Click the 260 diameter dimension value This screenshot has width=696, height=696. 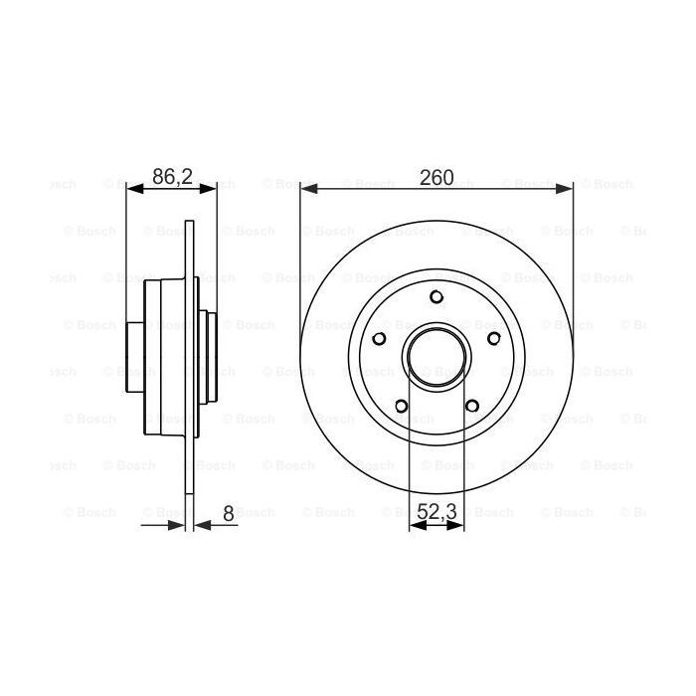coord(435,178)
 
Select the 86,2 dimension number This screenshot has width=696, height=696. coord(171,178)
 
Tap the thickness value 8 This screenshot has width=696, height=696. coord(228,514)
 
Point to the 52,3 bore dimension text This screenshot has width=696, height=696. coord(437,514)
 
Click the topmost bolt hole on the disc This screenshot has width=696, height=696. coord(436,295)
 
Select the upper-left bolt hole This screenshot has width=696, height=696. coord(379,337)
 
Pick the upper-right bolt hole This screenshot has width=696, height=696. coord(494,337)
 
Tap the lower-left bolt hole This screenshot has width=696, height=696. coord(401,405)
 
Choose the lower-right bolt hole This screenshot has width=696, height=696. coord(472,405)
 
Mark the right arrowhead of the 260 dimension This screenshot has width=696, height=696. coord(566,187)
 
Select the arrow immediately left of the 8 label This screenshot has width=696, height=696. coord(201,524)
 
